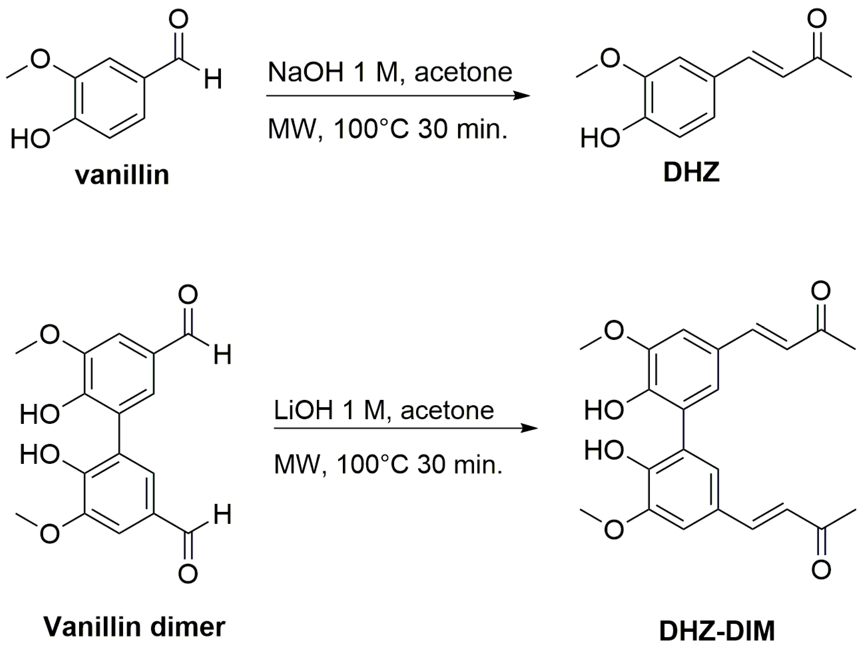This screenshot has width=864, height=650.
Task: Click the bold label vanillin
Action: pyautogui.click(x=122, y=175)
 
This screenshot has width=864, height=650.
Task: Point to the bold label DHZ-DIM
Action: pyautogui.click(x=717, y=631)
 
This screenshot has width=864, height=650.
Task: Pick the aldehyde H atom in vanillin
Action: pyautogui.click(x=213, y=79)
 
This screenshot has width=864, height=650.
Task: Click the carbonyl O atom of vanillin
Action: pyautogui.click(x=179, y=20)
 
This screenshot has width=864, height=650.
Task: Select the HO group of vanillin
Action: pyautogui.click(x=30, y=139)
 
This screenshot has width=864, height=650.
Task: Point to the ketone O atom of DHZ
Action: pyautogui.click(x=817, y=19)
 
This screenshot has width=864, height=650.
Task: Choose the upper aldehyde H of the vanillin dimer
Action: pyautogui.click(x=223, y=355)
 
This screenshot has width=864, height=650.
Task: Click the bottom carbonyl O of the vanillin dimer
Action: pyautogui.click(x=188, y=573)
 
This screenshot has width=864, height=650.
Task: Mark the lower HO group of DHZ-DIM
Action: pyautogui.click(x=603, y=450)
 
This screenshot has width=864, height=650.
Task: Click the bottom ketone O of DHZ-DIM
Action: pyautogui.click(x=821, y=569)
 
